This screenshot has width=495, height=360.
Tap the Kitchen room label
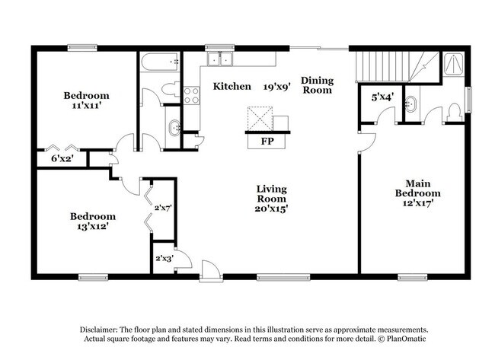pyautogui.click(x=232, y=87)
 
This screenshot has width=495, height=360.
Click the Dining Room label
pyautogui.click(x=317, y=84)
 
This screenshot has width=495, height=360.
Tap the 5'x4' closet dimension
pyautogui.click(x=382, y=97)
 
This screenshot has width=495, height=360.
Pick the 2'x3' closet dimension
pyautogui.click(x=164, y=258)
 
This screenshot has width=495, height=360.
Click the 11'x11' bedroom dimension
pyautogui.click(x=86, y=107)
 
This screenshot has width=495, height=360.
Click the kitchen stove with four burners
pyautogui.click(x=191, y=95)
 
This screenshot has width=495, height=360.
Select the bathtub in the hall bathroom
pyautogui.click(x=159, y=60)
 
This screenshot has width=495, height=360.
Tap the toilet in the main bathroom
pyautogui.click(x=454, y=112)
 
